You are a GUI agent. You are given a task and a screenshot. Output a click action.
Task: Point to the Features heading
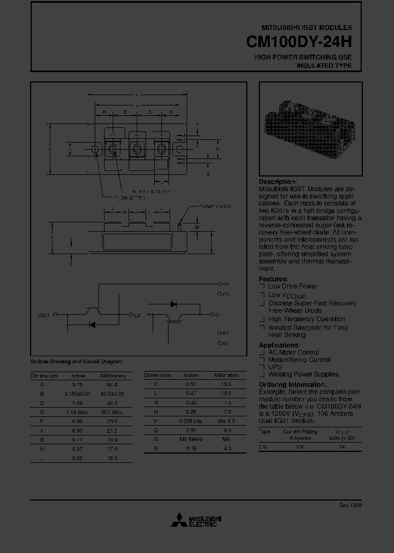tap(273, 279)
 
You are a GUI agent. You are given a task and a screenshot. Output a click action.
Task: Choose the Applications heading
tap(279, 345)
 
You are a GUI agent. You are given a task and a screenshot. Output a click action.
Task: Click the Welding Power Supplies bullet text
tap(303, 374)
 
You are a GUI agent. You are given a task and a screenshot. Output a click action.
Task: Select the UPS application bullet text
tap(275, 367)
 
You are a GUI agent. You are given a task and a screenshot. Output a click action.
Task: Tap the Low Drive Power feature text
tap(293, 286)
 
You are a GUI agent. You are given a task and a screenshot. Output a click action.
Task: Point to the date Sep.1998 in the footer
tap(350, 505)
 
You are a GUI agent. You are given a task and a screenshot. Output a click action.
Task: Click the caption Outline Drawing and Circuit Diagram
tap(76, 362)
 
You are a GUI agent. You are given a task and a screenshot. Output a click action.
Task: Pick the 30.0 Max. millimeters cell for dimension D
tap(113, 411)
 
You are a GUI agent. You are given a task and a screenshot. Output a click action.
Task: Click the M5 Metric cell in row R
tap(191, 438)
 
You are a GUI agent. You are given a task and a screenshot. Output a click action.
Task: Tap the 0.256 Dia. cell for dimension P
tap(191, 421)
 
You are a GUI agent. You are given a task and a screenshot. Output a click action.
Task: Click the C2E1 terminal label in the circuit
tap(43, 315)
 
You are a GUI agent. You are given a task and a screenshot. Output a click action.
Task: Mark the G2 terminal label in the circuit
tap(226, 284)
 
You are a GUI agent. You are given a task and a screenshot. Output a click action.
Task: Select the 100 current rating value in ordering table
tap(300, 447)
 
